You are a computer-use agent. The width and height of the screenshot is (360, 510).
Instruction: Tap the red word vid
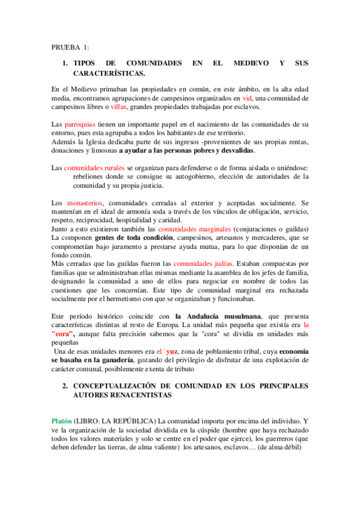[x=246, y=97]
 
